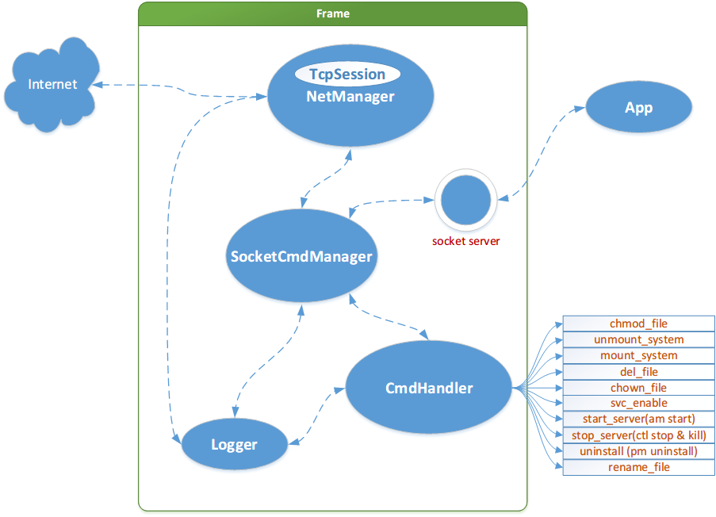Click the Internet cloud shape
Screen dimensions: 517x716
pos(52,84)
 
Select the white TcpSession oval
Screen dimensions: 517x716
pos(347,75)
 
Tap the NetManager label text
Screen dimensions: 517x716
pos(350,97)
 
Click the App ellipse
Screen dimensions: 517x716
pos(638,108)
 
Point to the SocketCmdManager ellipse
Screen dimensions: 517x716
pos(301,256)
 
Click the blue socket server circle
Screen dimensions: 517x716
pos(465,200)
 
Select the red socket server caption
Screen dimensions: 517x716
pos(466,241)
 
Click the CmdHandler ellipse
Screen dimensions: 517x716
pos(428,389)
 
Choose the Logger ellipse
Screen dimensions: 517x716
pos(234,444)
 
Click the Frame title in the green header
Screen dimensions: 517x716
pos(332,13)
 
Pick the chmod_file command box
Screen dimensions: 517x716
pos(638,324)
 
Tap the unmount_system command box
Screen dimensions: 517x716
pos(638,339)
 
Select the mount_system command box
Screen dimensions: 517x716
pos(638,355)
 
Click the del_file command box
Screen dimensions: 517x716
pos(638,371)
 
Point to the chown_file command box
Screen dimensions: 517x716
pos(638,387)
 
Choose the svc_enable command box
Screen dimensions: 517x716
pos(638,403)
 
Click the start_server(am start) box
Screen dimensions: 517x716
pos(638,419)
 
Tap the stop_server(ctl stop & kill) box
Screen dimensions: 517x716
pos(638,435)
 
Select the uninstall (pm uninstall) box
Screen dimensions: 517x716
pos(638,451)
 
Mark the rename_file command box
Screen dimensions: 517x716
pos(638,467)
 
